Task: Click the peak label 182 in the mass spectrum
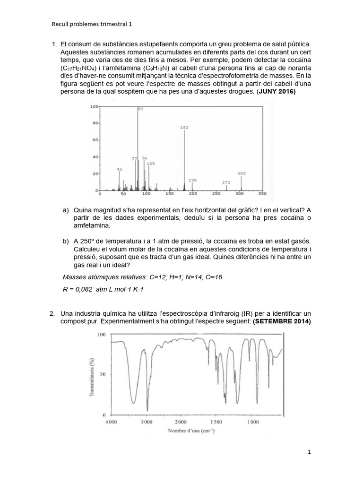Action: pos(184,128)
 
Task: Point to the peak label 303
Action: pos(242,173)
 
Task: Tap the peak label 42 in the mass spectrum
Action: pos(119,169)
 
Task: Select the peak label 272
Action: pos(226,182)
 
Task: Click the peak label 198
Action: pos(192,180)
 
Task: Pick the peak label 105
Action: pos(151,164)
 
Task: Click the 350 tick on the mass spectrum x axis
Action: pos(262,194)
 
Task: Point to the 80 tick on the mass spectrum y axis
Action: pos(94,123)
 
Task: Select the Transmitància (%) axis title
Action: pos(91,375)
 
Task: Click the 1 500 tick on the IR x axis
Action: pos(216,421)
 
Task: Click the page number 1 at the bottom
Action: pos(309,452)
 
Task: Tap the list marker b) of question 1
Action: pos(66,242)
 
